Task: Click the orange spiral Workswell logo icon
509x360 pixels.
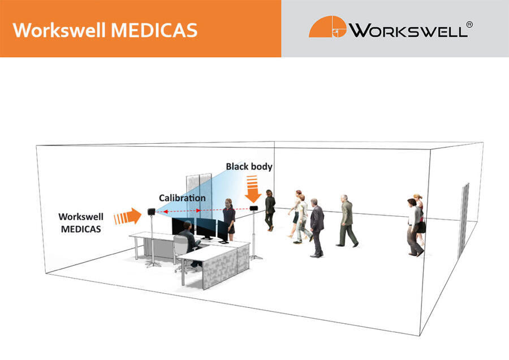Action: [x=326, y=27]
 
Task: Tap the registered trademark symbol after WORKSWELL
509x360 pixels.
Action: [x=469, y=24]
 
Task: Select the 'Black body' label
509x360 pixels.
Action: [x=249, y=166]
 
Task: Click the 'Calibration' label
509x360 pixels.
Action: [x=182, y=198]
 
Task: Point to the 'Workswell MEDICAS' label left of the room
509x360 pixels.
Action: [x=81, y=221]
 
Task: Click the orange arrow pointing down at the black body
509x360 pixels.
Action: [x=252, y=188]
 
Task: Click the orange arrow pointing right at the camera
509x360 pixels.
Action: [x=127, y=216]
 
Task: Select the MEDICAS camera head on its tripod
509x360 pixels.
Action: [x=152, y=212]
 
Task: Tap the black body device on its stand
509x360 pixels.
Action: [x=254, y=209]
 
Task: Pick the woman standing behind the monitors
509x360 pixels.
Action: [x=229, y=218]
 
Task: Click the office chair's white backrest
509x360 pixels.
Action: [x=180, y=246]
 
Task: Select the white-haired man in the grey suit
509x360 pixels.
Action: [x=346, y=220]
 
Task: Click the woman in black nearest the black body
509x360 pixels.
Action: [x=270, y=209]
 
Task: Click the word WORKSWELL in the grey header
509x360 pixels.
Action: [x=407, y=30]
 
